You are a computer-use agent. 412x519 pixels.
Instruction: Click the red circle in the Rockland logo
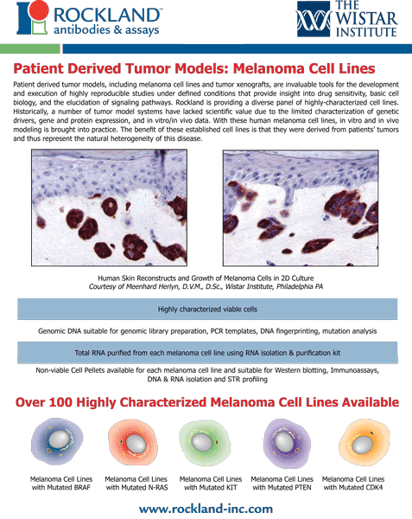(39, 10)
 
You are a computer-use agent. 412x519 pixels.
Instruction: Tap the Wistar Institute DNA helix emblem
(314, 19)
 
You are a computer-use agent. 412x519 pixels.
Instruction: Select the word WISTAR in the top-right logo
(366, 18)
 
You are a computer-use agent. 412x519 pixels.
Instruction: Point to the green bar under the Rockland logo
(30, 48)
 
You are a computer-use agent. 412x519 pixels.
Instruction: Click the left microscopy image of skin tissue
(110, 208)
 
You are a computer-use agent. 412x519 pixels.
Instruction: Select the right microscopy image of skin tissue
(301, 208)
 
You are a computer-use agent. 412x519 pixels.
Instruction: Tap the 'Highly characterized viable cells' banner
(207, 309)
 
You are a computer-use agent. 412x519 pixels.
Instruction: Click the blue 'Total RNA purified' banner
(207, 353)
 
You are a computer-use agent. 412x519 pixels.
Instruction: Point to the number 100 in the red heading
(60, 402)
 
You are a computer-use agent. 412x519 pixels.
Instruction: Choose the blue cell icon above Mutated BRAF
(57, 442)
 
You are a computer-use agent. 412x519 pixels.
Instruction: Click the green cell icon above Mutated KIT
(205, 443)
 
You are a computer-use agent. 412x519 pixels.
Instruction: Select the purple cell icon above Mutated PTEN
(287, 443)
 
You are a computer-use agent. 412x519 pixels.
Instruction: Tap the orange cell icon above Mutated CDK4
(364, 443)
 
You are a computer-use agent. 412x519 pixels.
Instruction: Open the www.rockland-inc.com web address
(206, 509)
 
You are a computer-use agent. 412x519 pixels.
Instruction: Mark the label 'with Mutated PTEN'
(282, 488)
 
